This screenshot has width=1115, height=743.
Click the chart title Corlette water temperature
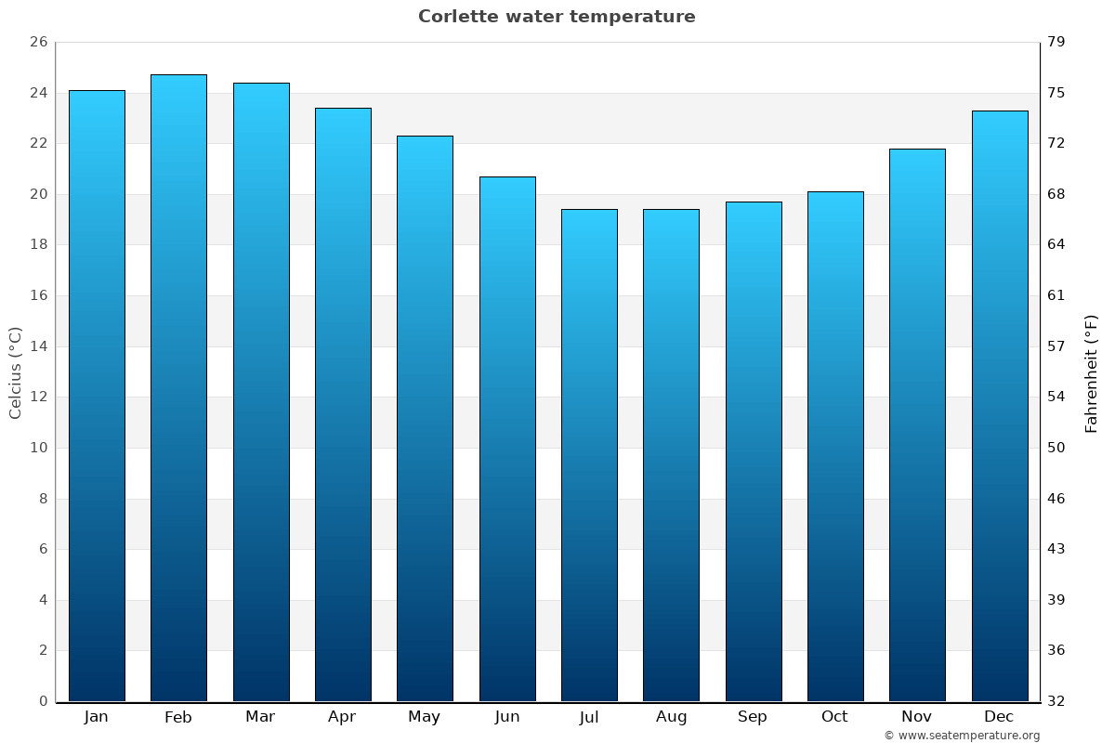pyautogui.click(x=557, y=17)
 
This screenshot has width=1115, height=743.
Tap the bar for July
pyautogui.click(x=589, y=455)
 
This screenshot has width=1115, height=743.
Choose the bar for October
pyautogui.click(x=835, y=446)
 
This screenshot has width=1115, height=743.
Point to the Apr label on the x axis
pyautogui.click(x=342, y=717)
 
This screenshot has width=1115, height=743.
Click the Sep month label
pyautogui.click(x=753, y=717)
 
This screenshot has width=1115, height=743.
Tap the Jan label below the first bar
pyautogui.click(x=97, y=717)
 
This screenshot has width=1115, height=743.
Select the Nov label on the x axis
pyautogui.click(x=917, y=717)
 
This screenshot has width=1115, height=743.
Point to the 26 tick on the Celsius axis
pyautogui.click(x=38, y=42)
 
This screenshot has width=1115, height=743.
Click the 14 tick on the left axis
pyautogui.click(x=38, y=346)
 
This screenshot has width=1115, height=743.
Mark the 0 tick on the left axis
pyautogui.click(x=43, y=701)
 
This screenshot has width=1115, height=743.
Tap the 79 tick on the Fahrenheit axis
pyautogui.click(x=1056, y=42)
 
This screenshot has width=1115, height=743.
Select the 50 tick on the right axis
pyautogui.click(x=1056, y=448)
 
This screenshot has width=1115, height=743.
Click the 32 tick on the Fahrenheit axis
pyautogui.click(x=1056, y=701)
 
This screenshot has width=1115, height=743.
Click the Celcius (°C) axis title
pyautogui.click(x=16, y=372)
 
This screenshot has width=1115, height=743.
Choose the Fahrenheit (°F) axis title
pyautogui.click(x=1092, y=372)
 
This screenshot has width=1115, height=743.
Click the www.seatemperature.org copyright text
pyautogui.click(x=962, y=736)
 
